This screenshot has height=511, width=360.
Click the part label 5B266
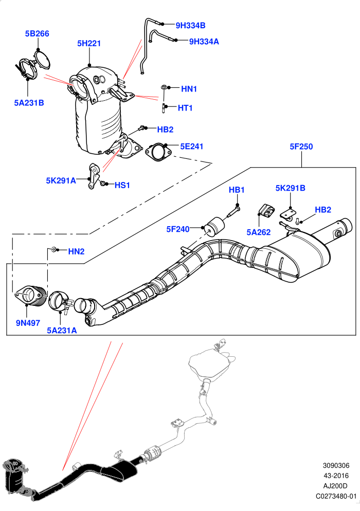[37, 33]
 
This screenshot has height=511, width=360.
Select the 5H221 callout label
[89, 43]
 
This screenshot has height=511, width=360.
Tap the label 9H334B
[190, 25]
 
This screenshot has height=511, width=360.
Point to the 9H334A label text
[204, 42]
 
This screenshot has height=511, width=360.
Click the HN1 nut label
[189, 89]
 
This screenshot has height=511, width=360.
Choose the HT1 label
[185, 108]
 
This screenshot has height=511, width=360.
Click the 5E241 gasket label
[192, 147]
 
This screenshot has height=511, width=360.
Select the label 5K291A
[61, 180]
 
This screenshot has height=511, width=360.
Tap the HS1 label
[122, 186]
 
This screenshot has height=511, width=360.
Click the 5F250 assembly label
[301, 147]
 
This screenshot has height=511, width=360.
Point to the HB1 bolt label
[237, 190]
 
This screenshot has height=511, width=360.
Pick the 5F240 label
[178, 229]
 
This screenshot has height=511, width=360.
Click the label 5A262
[259, 232]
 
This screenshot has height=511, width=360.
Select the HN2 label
[76, 251]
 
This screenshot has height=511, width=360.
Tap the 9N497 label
[28, 323]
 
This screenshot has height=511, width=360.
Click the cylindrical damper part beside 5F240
[214, 227]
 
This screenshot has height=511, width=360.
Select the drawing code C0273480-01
[336, 496]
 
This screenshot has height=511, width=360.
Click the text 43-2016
[336, 476]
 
